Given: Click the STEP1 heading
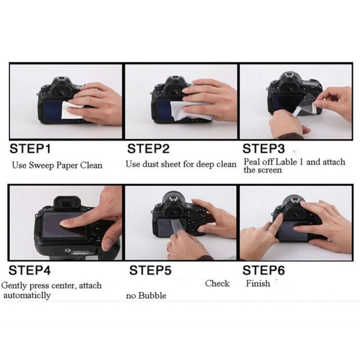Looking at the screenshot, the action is (30, 148).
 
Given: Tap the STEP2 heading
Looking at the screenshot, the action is (148, 148).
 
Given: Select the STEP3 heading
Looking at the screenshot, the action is (264, 148).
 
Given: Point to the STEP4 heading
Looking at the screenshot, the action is (30, 270).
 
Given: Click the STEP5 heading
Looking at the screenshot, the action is (150, 270).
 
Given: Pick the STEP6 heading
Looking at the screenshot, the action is (264, 270).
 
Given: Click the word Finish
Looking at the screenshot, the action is (258, 283).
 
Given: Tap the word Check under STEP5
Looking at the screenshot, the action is (217, 283).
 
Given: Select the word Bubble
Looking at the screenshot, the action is (152, 295).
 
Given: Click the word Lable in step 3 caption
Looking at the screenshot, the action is (286, 162).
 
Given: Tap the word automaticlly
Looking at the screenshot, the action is (27, 295).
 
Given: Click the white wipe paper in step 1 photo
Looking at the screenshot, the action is (72, 110).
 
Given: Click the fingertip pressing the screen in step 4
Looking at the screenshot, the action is (65, 222).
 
